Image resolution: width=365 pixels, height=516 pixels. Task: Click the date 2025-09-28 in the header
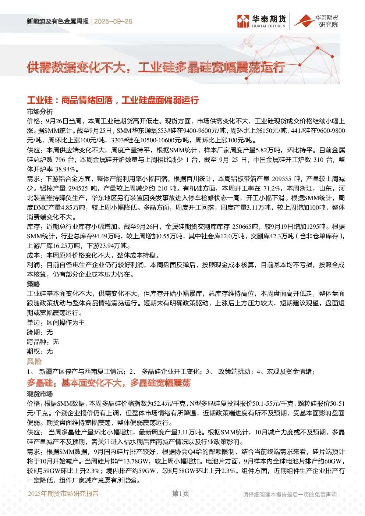point(113,21)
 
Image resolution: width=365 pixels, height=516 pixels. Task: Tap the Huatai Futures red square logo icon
point(243,21)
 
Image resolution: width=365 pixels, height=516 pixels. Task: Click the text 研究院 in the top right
point(328,24)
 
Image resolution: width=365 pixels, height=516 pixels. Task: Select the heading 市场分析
point(40,112)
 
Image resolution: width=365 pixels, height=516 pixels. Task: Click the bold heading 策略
point(33,284)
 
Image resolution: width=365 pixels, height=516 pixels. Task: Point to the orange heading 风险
point(34,361)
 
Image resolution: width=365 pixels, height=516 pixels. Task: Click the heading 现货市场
point(40,394)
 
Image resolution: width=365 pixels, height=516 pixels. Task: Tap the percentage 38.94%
point(65,169)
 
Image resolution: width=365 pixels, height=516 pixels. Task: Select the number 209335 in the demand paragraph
point(281,179)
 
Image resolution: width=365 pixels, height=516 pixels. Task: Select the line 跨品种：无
point(43,342)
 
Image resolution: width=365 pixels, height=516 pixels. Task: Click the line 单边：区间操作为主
point(56,323)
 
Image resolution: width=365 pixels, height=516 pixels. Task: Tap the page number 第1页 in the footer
point(181,494)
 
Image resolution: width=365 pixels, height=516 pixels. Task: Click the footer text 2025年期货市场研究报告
point(63,494)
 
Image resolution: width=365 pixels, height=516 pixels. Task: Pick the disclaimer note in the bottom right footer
point(290,495)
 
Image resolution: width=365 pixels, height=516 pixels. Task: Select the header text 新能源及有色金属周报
point(58,21)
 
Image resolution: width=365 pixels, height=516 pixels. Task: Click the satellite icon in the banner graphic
point(247,42)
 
